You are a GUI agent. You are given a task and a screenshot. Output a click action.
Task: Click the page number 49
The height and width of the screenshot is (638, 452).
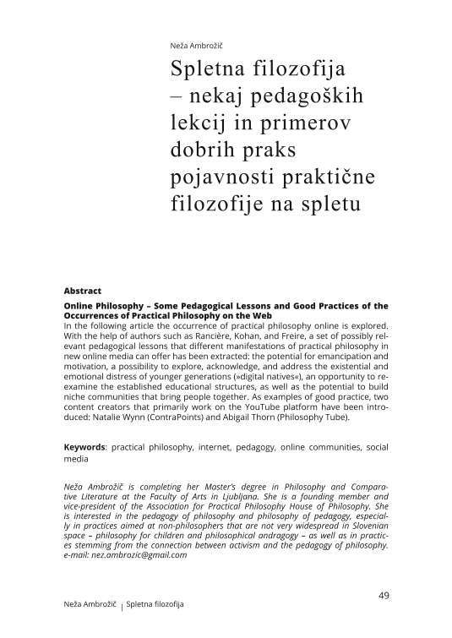[383, 596]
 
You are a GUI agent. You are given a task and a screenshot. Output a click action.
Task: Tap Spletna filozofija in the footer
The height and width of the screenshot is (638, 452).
[155, 605]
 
